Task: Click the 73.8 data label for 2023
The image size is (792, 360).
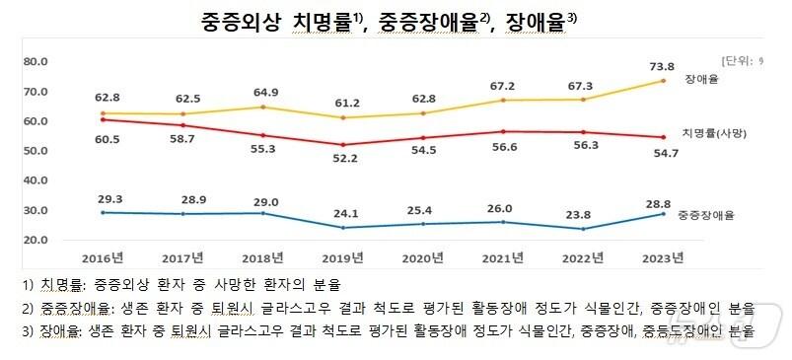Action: (x=663, y=66)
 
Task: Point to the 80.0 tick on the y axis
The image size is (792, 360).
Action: (x=36, y=61)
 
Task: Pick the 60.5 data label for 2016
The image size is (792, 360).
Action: (x=104, y=140)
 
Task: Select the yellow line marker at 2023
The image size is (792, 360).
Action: (x=663, y=81)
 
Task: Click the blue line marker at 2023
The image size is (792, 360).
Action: (x=663, y=214)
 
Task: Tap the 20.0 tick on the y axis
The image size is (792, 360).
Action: (x=36, y=240)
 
